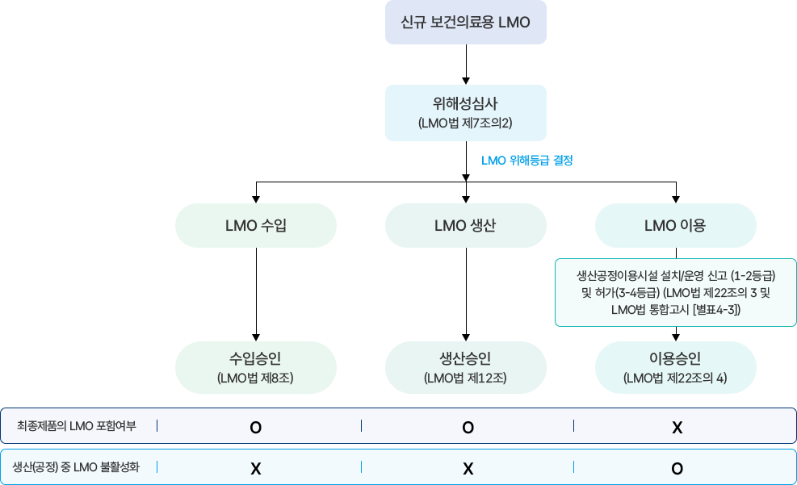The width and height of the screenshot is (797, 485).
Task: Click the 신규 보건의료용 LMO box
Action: (x=466, y=23)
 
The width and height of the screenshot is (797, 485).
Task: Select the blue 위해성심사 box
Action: (x=466, y=112)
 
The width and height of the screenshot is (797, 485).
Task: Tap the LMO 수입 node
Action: (x=256, y=225)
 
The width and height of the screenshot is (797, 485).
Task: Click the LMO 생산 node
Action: (x=466, y=225)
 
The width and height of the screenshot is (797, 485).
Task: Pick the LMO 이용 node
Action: (x=676, y=225)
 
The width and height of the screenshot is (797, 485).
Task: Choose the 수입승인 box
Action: (x=256, y=367)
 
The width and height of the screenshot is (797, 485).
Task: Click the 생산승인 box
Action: (x=466, y=367)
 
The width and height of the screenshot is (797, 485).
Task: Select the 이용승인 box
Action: (x=676, y=367)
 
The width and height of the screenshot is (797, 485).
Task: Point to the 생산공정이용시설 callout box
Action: (x=676, y=292)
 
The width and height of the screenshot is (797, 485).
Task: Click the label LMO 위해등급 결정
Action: (x=527, y=161)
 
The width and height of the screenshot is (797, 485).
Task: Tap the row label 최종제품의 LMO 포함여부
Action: (x=77, y=426)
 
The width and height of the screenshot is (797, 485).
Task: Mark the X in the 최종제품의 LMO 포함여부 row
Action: (x=677, y=427)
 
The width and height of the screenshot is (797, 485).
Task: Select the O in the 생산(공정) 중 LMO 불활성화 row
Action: (x=677, y=468)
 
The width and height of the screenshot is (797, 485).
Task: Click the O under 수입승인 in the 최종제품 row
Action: (x=256, y=427)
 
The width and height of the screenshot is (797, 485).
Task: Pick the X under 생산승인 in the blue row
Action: (x=468, y=468)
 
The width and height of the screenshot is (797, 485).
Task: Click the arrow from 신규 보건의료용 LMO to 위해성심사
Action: (x=466, y=65)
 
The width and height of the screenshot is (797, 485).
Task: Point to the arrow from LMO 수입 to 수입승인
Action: (x=256, y=295)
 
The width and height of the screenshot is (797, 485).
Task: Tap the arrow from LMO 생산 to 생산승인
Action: (x=466, y=295)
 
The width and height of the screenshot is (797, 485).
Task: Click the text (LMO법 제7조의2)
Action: (x=466, y=123)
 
